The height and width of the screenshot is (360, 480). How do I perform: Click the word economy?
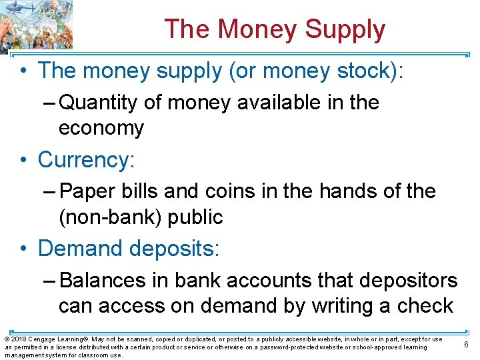coord(101,128)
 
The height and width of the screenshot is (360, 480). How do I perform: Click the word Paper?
coord(88,191)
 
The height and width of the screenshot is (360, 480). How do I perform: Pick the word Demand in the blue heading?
coord(80,249)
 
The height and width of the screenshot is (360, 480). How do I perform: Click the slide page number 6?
coord(466,344)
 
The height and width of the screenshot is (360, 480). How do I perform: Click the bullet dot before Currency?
coord(24,160)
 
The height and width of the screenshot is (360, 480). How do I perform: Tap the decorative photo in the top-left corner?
coord(36,25)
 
